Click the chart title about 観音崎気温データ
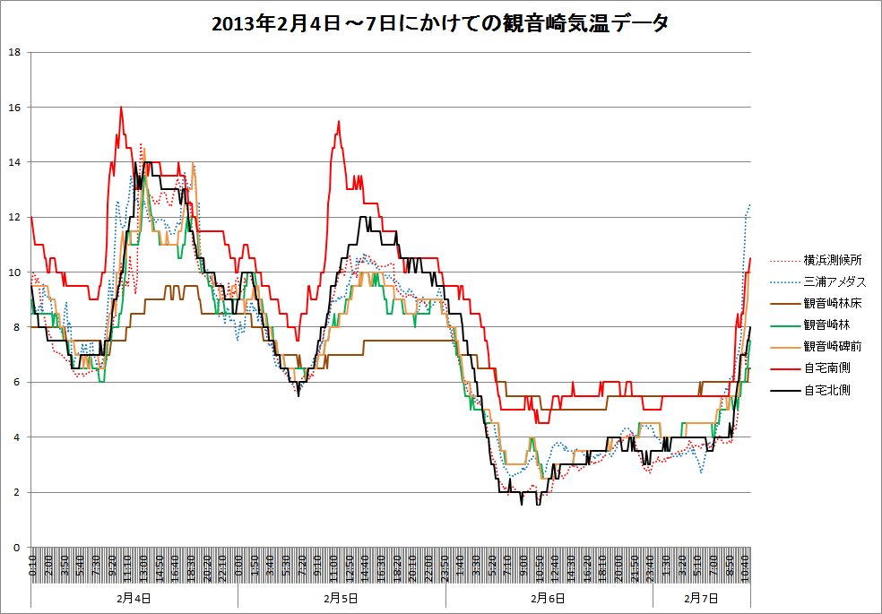tap(440, 24)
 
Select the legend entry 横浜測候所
tap(833, 260)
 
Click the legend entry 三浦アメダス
tap(833, 281)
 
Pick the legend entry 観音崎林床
tap(833, 303)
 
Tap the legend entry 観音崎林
tap(826, 324)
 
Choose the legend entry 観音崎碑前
tap(833, 346)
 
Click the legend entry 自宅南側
tap(826, 368)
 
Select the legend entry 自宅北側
tap(826, 390)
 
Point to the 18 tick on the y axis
tap(14, 52)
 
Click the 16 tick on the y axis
tap(14, 108)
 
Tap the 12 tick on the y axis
tap(14, 218)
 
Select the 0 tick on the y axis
tap(17, 548)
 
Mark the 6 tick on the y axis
tap(17, 383)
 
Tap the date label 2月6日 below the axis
tap(549, 597)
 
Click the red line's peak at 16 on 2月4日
tap(121, 108)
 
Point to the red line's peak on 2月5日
tap(339, 121)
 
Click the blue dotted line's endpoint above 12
tap(749, 204)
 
